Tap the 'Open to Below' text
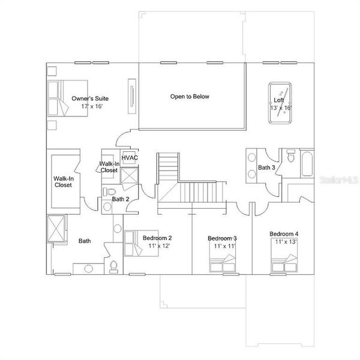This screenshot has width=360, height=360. (x=190, y=96)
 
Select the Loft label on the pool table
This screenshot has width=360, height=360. (x=279, y=100)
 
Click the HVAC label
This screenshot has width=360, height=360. (x=130, y=158)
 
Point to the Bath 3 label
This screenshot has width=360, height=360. (x=266, y=167)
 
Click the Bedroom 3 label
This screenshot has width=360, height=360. (x=222, y=238)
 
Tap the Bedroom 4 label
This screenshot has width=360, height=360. (x=284, y=233)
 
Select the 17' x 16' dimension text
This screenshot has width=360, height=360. (x=93, y=106)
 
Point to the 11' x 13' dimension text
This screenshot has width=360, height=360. (x=286, y=242)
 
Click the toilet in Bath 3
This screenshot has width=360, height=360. (x=291, y=157)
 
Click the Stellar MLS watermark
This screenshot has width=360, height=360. (x=340, y=179)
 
